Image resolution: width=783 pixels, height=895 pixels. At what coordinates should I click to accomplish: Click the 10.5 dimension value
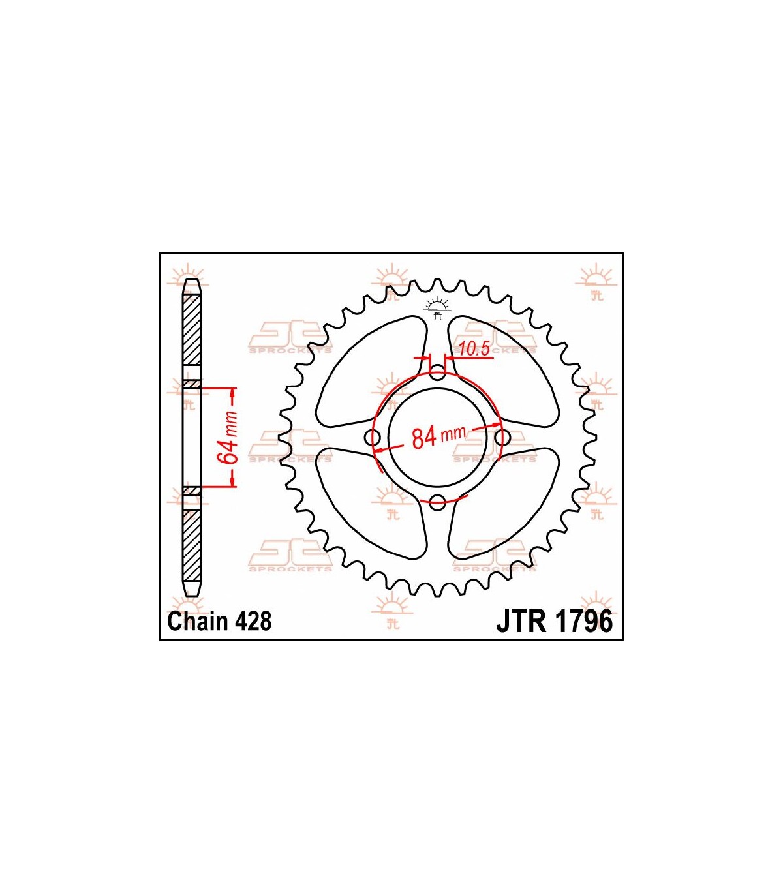point(474,348)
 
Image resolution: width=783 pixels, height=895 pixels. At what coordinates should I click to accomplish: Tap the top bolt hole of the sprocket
point(438,374)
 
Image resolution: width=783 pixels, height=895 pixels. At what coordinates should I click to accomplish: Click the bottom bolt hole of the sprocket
point(438,502)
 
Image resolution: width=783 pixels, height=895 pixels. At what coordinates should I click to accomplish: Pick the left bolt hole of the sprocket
point(373,437)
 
